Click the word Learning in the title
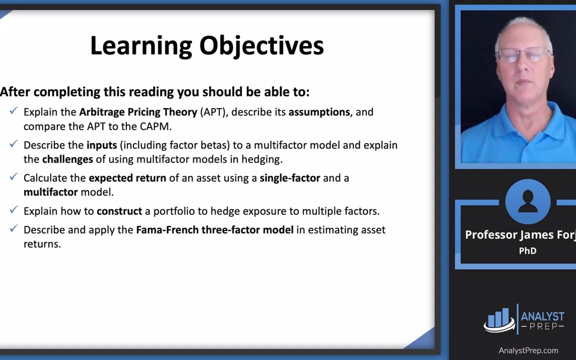141,46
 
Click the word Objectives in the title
261,46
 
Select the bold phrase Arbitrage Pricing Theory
138,112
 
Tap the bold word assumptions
319,112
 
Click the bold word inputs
102,145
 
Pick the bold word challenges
67,159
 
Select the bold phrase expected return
127,178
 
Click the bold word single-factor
290,178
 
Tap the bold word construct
119,211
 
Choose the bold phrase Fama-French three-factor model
215,230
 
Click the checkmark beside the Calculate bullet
13,176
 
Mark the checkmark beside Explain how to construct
13,210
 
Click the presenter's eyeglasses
523,54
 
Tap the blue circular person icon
527,201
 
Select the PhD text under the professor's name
527,251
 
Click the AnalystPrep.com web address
528,350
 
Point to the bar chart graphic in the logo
499,319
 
